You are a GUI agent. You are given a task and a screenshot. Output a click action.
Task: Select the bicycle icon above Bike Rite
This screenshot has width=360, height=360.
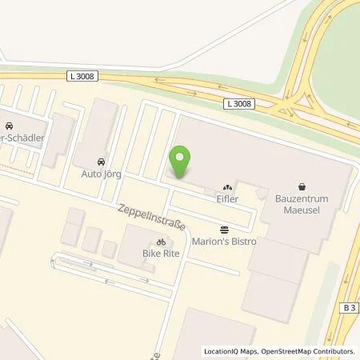tap(162, 241)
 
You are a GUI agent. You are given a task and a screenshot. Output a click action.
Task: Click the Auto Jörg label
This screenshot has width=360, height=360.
tap(100, 172)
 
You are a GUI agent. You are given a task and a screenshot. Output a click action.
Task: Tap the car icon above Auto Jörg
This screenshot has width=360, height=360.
tap(100, 159)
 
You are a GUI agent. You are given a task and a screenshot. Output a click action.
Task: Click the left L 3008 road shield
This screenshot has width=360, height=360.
tap(82, 76)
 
